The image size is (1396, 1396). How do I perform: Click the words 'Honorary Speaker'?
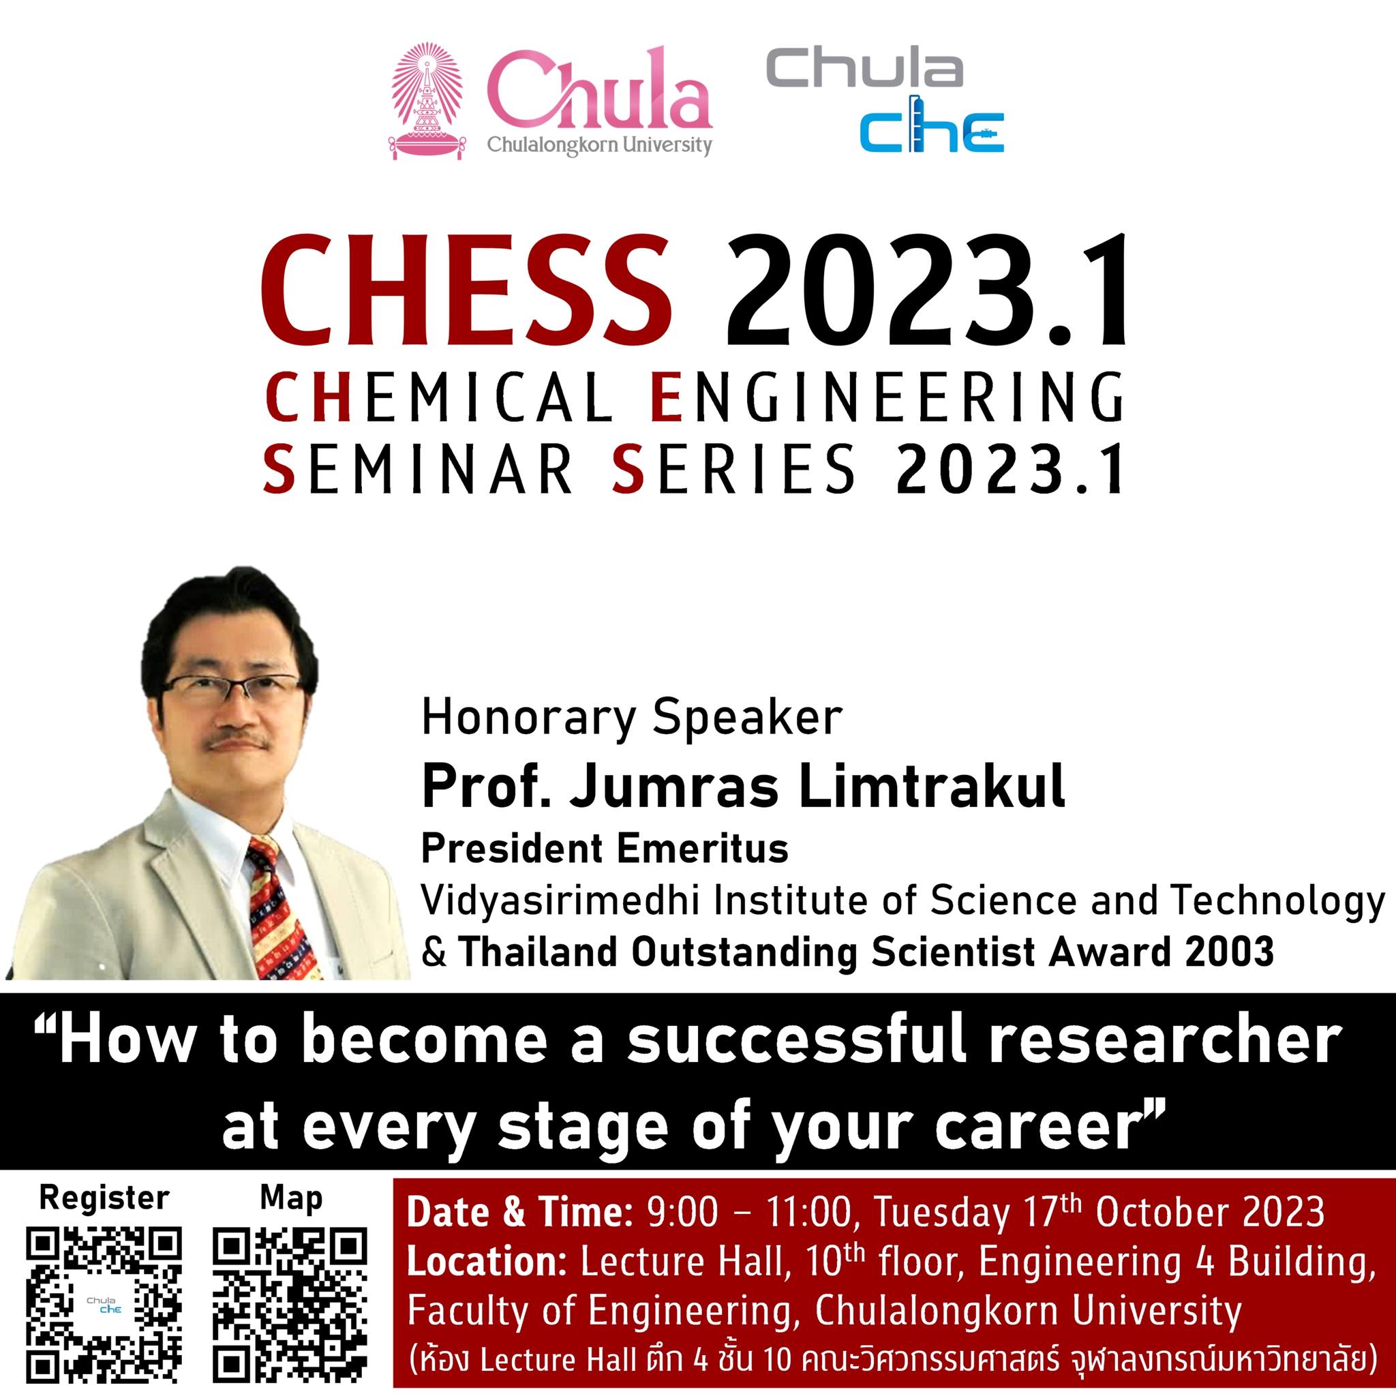pos(631,720)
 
